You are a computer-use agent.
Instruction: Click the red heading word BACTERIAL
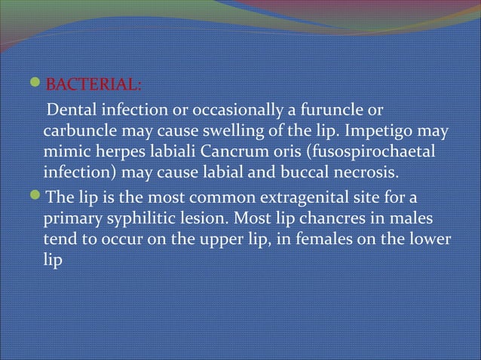(x=92, y=81)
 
